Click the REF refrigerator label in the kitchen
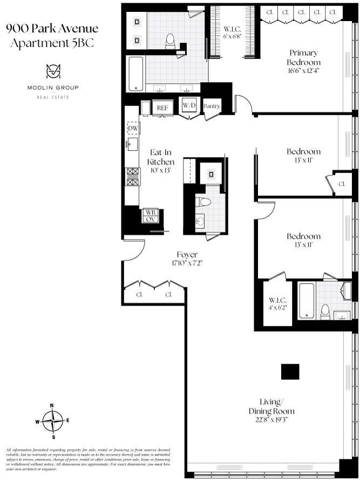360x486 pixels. pyautogui.click(x=162, y=108)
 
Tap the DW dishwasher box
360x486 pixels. pyautogui.click(x=133, y=128)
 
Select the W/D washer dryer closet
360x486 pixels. pyautogui.click(x=189, y=106)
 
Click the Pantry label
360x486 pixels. pyautogui.click(x=212, y=106)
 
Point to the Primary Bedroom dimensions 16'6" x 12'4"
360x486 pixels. pyautogui.click(x=303, y=71)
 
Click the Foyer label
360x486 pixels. pyautogui.click(x=187, y=254)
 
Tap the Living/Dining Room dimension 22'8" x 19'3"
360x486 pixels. pyautogui.click(x=271, y=420)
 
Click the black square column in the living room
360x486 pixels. pyautogui.click(x=290, y=372)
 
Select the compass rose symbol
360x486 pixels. pyautogui.click(x=52, y=421)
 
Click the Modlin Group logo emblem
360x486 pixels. pyautogui.click(x=53, y=72)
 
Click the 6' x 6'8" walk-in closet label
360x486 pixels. pyautogui.click(x=232, y=36)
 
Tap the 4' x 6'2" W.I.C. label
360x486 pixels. pyautogui.click(x=277, y=308)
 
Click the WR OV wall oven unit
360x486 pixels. pyautogui.click(x=151, y=215)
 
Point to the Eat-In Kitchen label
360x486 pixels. pyautogui.click(x=160, y=157)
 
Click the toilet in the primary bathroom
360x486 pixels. pyautogui.click(x=170, y=41)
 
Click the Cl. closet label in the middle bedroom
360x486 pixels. pyautogui.click(x=342, y=184)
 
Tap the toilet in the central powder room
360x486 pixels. pyautogui.click(x=203, y=202)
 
